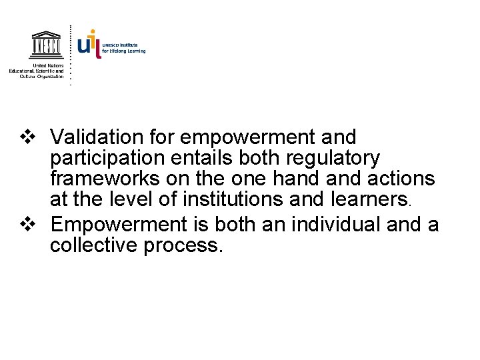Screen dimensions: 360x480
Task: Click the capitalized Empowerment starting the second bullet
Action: pos(109,225)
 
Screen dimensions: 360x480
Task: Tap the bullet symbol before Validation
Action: pos(28,138)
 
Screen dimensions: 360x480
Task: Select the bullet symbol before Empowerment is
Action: pos(28,225)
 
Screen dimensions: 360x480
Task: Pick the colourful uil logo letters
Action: pos(89,44)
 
